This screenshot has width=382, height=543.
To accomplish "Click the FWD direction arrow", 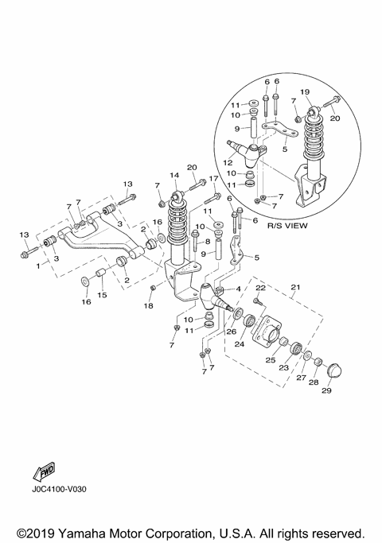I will point(45,473).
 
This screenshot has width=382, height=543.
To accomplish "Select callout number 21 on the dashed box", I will point(295,287).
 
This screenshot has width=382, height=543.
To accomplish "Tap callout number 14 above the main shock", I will point(174,176).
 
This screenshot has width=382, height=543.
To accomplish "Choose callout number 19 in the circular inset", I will point(306,92).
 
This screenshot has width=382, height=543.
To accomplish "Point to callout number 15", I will point(101,295).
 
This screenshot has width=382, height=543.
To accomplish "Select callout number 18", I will point(148,306).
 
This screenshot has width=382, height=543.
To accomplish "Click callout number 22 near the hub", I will point(259,289).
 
